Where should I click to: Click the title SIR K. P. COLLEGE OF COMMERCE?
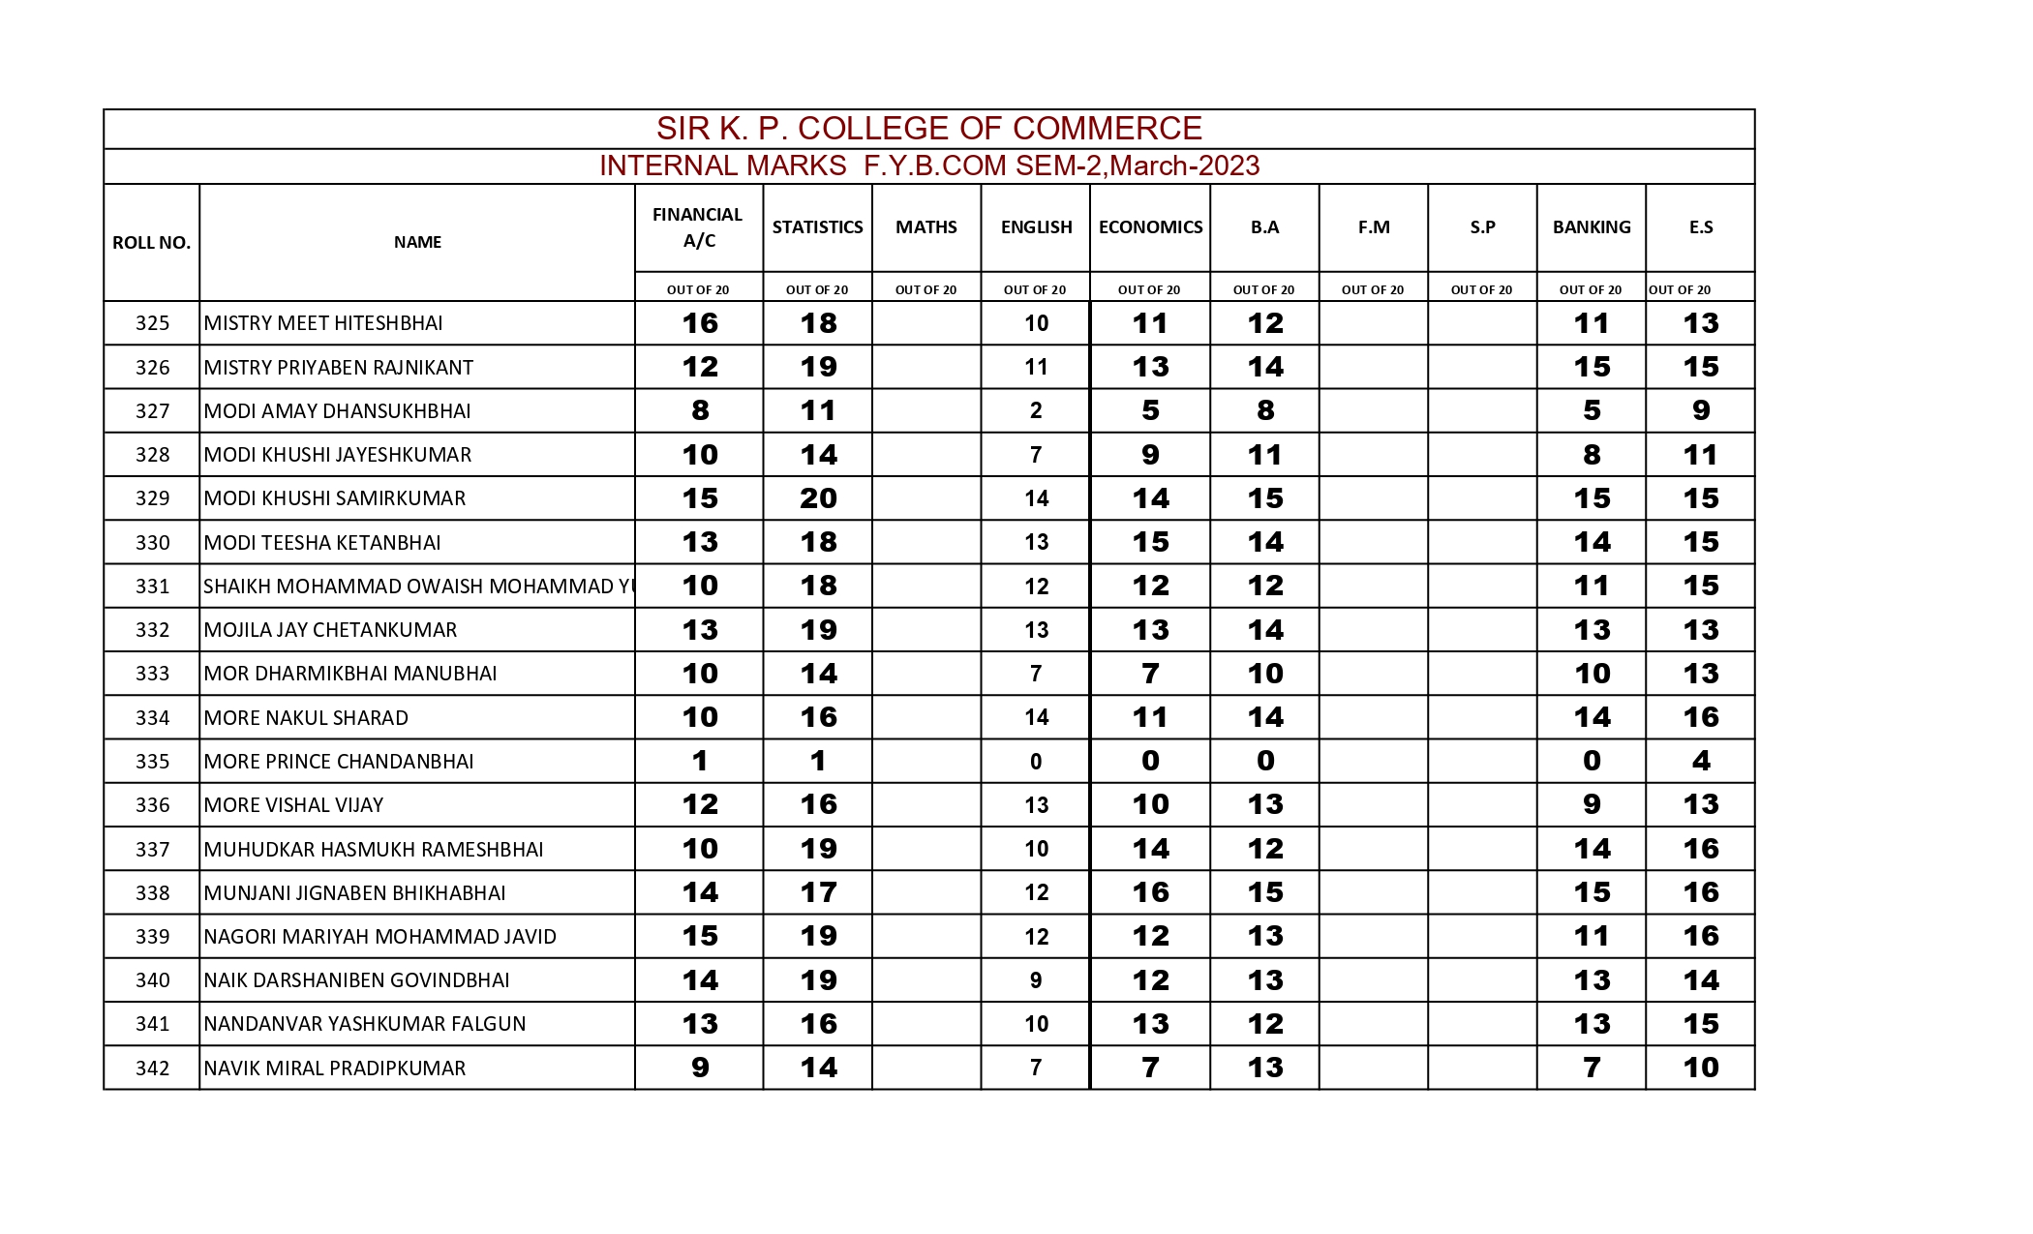(x=928, y=128)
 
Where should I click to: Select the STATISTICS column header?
(x=817, y=227)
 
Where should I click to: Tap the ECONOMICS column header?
(x=1150, y=227)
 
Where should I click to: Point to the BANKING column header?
(x=1591, y=227)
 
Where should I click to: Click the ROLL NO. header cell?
(x=151, y=243)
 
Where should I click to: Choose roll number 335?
(x=152, y=762)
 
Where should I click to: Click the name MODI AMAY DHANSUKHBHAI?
(x=337, y=411)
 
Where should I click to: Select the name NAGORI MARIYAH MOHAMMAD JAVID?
(x=379, y=937)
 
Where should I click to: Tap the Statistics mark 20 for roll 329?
(x=818, y=498)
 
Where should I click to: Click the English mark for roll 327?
(x=1035, y=411)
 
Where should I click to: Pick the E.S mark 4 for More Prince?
(x=1700, y=762)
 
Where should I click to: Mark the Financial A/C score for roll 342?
(x=699, y=1068)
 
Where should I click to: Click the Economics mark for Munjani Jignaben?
(x=1150, y=892)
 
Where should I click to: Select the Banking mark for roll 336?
(x=1591, y=805)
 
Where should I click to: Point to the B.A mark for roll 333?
(x=1264, y=674)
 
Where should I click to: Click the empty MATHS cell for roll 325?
(x=925, y=323)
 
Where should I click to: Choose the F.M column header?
(x=1373, y=227)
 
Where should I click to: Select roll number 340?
(x=152, y=980)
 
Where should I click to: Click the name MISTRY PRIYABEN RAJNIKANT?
(x=338, y=368)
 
